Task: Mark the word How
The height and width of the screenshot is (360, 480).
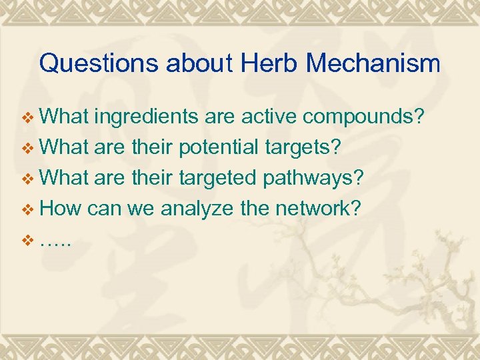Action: (x=61, y=209)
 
